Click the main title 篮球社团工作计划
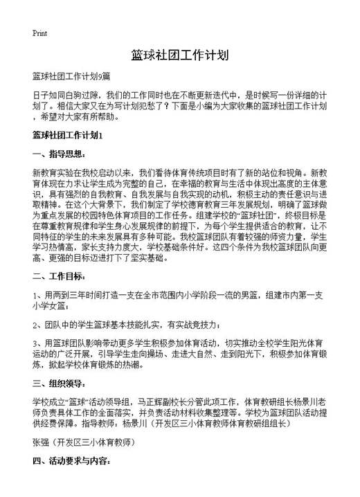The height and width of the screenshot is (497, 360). coord(179,55)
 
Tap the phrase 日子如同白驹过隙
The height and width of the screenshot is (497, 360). coord(66,96)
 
